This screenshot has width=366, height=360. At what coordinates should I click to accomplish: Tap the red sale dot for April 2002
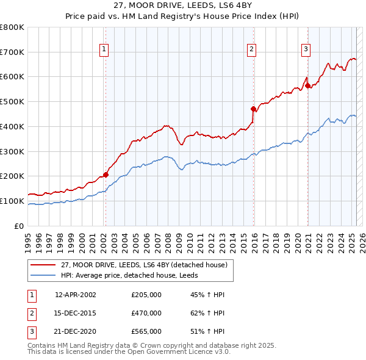click(x=106, y=175)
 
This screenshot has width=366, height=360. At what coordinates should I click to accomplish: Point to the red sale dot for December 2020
click(x=308, y=85)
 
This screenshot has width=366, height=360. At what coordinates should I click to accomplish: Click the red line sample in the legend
click(x=43, y=265)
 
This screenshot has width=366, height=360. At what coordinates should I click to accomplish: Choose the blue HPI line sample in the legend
click(x=43, y=275)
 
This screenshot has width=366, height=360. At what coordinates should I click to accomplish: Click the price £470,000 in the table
click(x=146, y=313)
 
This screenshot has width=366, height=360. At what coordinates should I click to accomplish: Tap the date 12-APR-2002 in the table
click(x=76, y=295)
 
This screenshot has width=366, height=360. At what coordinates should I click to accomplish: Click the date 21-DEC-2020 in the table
click(x=76, y=331)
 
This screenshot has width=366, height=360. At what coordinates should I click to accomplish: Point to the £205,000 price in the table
click(x=146, y=295)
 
